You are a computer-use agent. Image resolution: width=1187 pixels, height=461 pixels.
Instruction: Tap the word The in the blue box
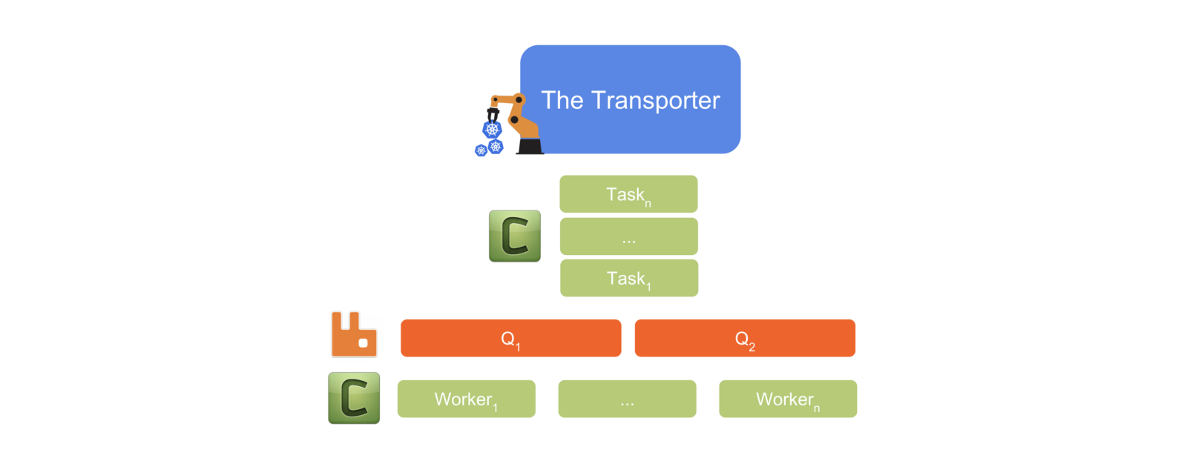click(562, 100)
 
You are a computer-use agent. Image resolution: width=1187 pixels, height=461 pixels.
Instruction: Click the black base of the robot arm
click(530, 146)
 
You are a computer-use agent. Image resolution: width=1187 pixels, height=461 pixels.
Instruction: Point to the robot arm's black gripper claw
click(493, 114)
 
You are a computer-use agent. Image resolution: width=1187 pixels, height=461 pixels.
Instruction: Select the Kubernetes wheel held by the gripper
click(492, 130)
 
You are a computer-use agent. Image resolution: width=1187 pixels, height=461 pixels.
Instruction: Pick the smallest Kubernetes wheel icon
click(481, 150)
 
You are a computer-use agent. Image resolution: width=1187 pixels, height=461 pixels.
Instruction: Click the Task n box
click(628, 194)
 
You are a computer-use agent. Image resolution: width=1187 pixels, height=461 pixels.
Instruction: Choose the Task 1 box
click(628, 278)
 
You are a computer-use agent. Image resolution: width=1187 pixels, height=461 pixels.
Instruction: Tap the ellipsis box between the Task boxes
click(628, 236)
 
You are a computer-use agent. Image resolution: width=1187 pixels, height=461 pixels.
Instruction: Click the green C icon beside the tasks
click(515, 236)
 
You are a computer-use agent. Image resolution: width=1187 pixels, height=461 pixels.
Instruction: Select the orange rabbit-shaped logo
click(354, 334)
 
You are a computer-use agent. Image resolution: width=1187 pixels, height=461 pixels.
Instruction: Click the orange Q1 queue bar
click(510, 339)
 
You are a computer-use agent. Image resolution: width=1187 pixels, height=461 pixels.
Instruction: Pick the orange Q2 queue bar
click(745, 339)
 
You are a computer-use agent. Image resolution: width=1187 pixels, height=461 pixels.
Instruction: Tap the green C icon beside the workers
click(354, 398)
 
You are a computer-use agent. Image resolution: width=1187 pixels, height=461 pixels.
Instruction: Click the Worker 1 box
click(466, 399)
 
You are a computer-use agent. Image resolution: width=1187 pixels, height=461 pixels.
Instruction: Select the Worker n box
click(788, 399)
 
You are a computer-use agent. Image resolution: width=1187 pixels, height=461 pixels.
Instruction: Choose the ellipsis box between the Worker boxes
click(627, 399)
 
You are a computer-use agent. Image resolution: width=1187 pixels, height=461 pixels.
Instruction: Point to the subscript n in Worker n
click(817, 408)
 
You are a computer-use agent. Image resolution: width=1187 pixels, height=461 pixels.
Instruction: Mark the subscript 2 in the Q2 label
click(752, 347)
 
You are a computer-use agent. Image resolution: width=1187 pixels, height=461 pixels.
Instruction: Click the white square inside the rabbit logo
click(364, 342)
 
